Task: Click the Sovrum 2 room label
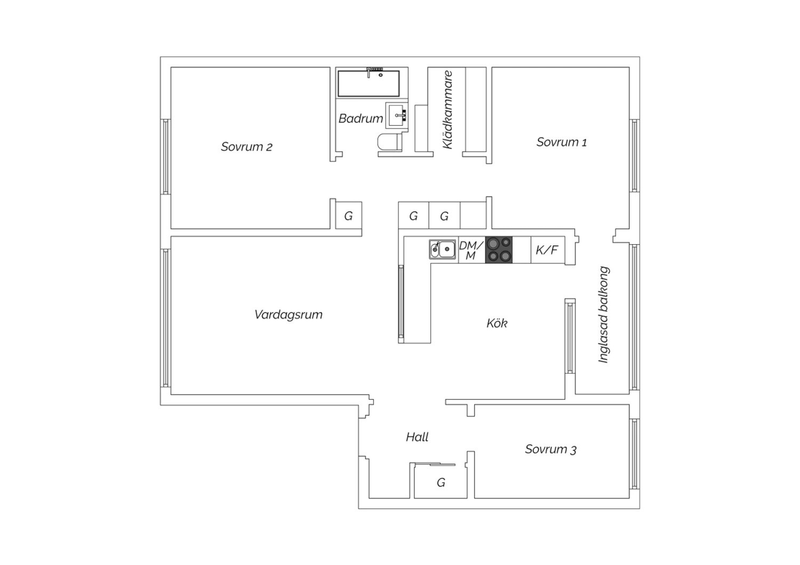pos(246,147)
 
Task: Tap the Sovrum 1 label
pos(562,142)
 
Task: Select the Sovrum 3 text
pos(551,449)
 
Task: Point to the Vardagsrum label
pos(288,314)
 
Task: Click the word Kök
pos(497,324)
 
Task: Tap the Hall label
pos(417,437)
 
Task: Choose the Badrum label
pos(361,118)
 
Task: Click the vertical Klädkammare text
pos(447,110)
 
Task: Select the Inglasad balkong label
pos(604,314)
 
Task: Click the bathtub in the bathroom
pos(369,84)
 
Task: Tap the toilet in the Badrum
pos(390,142)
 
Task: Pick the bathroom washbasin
pos(397,115)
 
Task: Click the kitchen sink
pos(443,249)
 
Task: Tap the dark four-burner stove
pos(499,250)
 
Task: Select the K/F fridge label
pos(547,250)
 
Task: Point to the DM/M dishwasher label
pos(471,250)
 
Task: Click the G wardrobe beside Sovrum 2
pos(349,216)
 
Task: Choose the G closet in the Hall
pos(441,482)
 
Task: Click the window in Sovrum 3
pos(634,454)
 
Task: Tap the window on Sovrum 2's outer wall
pos(165,157)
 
